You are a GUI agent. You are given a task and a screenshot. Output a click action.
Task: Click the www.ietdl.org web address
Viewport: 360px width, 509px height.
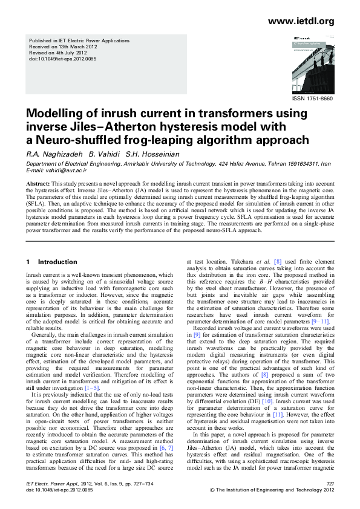301,22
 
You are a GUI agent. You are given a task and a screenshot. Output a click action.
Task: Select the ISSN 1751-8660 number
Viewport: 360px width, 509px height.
313,98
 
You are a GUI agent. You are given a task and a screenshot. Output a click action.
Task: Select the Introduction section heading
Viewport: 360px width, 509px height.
57,262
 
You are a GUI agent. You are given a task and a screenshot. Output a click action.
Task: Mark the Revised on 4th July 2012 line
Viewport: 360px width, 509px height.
59,53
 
